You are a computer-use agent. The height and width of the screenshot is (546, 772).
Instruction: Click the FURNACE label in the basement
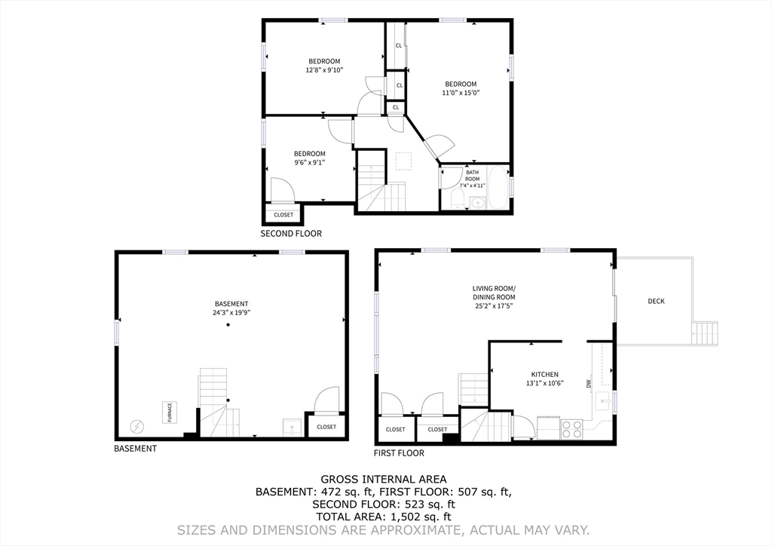(x=170, y=413)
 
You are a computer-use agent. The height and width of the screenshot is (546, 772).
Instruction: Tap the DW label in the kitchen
(x=588, y=384)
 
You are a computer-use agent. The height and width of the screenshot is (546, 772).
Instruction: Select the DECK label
(x=656, y=302)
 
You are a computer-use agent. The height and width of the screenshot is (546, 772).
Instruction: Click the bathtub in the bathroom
(x=498, y=188)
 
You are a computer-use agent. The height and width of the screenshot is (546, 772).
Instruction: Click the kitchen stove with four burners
(x=571, y=428)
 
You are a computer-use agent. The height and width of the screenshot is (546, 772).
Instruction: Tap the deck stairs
(x=705, y=333)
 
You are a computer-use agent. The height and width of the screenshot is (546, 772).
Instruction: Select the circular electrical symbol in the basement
(x=137, y=426)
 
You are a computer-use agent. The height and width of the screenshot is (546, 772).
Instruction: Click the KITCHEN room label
(x=544, y=375)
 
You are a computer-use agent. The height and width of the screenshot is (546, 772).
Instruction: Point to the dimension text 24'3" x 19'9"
(x=231, y=312)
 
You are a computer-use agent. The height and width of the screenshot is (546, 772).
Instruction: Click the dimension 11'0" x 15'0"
(x=461, y=93)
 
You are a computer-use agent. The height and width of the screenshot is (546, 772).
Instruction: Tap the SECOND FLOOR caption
(x=291, y=234)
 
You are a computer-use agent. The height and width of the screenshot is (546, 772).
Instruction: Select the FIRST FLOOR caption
(x=399, y=453)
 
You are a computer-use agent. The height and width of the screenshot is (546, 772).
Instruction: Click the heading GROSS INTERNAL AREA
(x=384, y=479)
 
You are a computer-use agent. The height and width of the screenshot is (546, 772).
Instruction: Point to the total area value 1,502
(x=400, y=517)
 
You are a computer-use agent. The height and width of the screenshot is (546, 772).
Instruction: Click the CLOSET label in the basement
(x=326, y=427)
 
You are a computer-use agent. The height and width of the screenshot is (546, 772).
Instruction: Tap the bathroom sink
(x=476, y=203)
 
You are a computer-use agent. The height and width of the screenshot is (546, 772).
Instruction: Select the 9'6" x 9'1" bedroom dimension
(x=310, y=162)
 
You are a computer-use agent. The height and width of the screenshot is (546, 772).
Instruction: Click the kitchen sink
(x=603, y=401)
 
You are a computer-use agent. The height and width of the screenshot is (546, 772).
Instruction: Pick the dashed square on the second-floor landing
(x=404, y=161)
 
